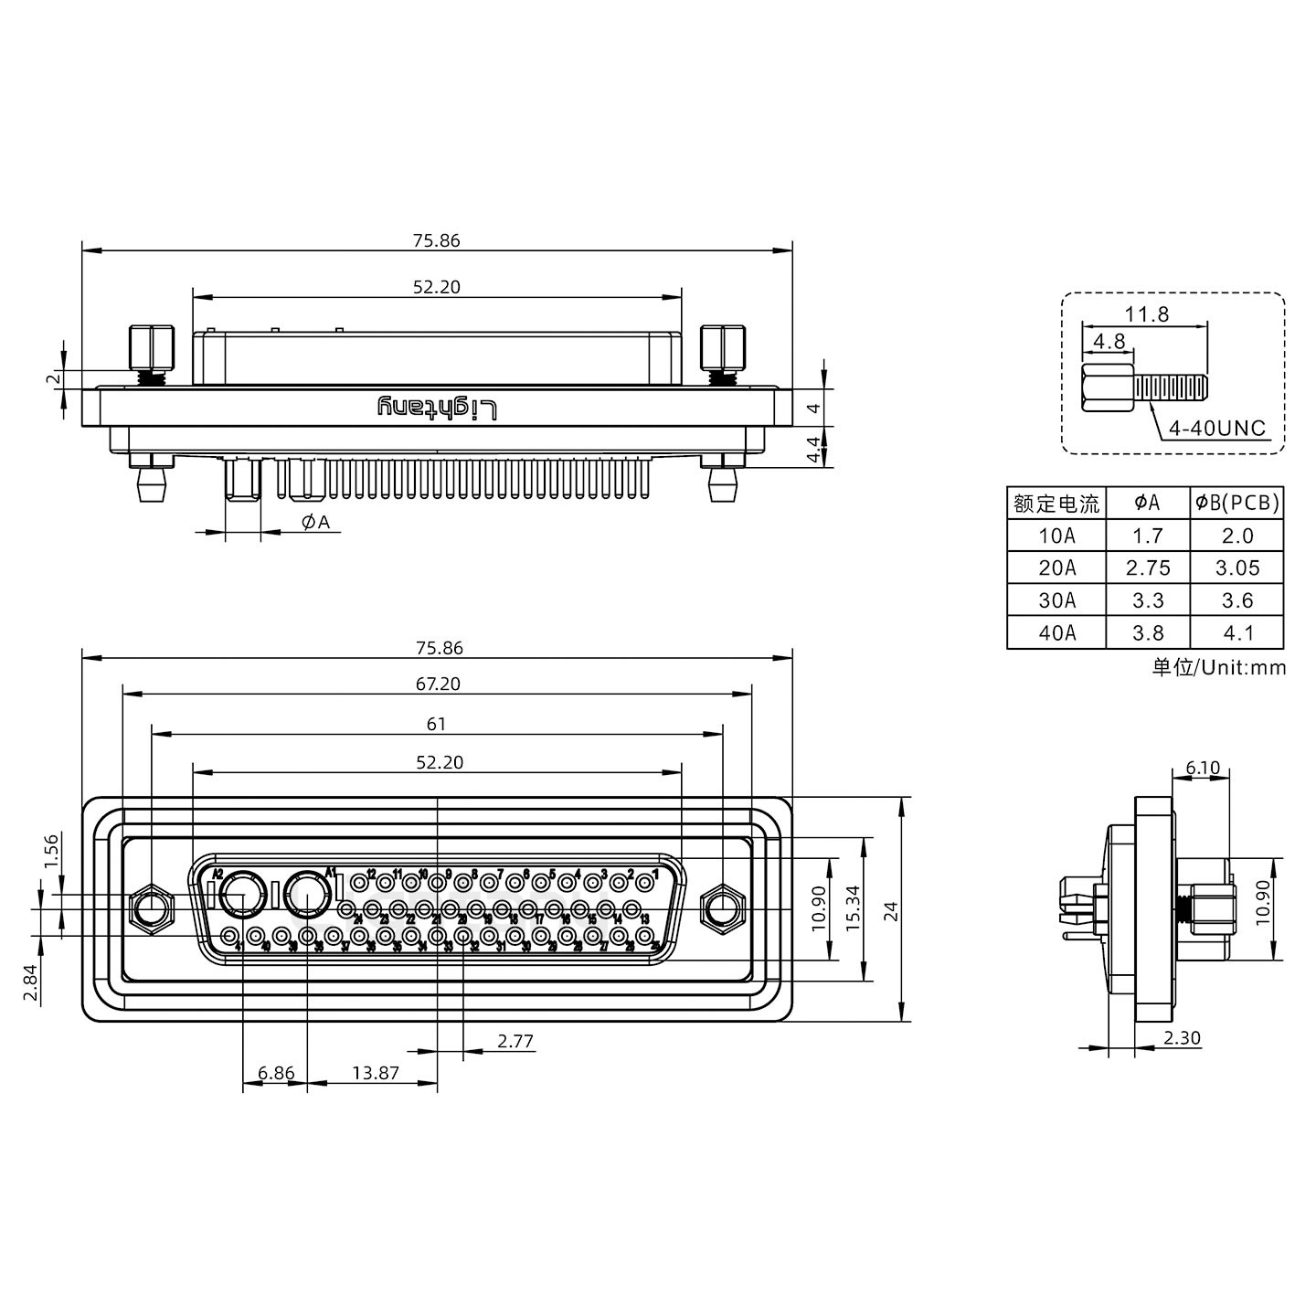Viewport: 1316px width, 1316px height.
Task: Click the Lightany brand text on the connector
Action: (x=439, y=409)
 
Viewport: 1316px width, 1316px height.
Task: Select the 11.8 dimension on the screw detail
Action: (x=1146, y=313)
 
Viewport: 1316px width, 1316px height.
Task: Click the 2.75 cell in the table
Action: (x=1148, y=568)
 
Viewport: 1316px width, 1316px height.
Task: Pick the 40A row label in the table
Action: (x=1056, y=632)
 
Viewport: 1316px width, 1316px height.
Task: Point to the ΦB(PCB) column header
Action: (x=1237, y=502)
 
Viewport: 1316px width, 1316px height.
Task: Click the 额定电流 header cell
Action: (x=1056, y=503)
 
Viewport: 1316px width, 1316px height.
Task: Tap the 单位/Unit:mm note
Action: (x=1218, y=667)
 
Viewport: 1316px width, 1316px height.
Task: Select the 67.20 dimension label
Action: (x=438, y=684)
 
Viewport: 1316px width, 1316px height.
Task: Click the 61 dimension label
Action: (x=437, y=724)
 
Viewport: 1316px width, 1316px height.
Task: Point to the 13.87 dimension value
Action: (x=376, y=1073)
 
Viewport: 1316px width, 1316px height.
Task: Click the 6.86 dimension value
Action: (x=276, y=1073)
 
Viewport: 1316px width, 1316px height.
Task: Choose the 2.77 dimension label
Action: (x=515, y=1041)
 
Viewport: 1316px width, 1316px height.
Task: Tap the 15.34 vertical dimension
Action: (x=853, y=907)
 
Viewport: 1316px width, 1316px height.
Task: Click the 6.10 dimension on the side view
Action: (x=1203, y=768)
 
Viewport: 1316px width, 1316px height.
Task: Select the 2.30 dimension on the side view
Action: (x=1182, y=1038)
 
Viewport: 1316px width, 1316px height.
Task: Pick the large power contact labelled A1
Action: (x=307, y=895)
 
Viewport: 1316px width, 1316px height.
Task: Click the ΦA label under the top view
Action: (x=314, y=522)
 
